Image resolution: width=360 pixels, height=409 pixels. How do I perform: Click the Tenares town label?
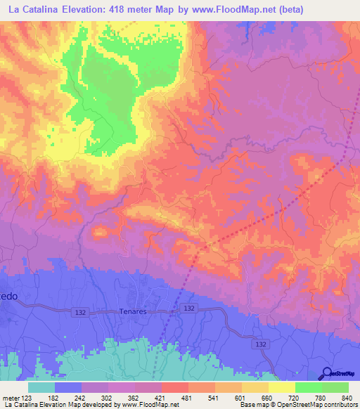point(132,311)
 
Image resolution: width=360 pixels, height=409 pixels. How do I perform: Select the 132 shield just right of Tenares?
point(188,309)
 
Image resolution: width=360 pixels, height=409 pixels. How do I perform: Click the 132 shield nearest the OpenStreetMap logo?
point(261,344)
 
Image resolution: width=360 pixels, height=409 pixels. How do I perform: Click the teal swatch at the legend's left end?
point(41,387)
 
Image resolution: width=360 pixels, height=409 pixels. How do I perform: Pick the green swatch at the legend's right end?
point(335,387)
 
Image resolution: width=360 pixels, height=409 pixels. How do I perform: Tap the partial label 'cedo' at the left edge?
point(9,297)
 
